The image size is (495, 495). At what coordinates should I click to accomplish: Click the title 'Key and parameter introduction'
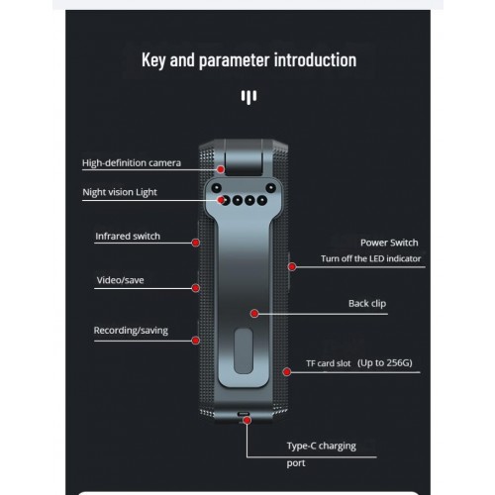tap(248, 60)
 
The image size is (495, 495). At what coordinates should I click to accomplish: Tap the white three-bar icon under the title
tap(248, 97)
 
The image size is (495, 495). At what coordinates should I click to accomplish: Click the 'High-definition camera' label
tap(132, 163)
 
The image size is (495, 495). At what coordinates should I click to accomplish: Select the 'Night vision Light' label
tap(120, 192)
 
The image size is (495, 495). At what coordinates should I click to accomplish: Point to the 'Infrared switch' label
tap(128, 237)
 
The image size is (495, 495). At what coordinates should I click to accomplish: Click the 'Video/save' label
tap(120, 280)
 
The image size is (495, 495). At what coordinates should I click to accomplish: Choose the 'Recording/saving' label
tap(131, 331)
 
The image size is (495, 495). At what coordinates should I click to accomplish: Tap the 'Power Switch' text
tap(389, 243)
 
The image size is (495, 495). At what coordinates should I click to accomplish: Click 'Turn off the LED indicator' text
tap(371, 258)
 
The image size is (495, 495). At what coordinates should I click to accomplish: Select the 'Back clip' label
tap(367, 304)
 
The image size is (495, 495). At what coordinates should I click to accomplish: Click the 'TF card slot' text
tap(329, 363)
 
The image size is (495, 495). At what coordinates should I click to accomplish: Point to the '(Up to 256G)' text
tap(385, 363)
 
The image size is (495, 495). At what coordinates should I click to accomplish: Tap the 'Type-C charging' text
tap(322, 446)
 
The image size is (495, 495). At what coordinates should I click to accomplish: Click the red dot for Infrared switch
tap(196, 243)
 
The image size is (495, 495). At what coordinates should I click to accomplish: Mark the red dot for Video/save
tap(196, 288)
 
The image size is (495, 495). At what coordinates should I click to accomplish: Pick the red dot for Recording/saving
tap(196, 341)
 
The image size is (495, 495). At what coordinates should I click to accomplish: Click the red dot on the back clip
tap(254, 314)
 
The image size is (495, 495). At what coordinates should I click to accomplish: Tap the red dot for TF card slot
tap(287, 372)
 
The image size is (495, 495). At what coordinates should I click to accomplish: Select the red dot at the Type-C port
tap(247, 420)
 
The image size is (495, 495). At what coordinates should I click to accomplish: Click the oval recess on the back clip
tap(244, 351)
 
